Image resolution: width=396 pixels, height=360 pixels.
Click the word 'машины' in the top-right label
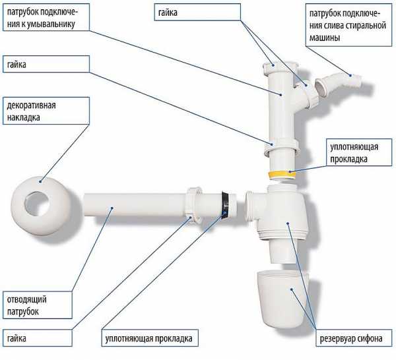(323, 38)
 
